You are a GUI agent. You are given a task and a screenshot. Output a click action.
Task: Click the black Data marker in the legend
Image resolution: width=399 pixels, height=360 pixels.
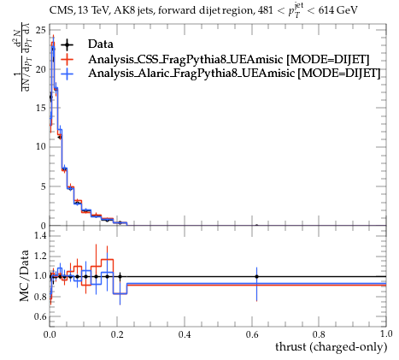(x=67, y=44)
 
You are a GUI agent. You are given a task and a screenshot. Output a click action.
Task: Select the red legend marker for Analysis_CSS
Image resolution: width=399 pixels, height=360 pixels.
(x=67, y=59)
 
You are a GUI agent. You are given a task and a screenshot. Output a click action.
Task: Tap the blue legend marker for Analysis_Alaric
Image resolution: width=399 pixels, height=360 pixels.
(x=67, y=74)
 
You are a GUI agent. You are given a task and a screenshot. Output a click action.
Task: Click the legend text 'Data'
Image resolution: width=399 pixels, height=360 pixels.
(x=101, y=44)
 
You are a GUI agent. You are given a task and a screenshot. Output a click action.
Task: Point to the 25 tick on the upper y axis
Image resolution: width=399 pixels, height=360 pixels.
(x=40, y=30)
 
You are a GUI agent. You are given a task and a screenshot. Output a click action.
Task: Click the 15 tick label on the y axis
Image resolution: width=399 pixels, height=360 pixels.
(x=40, y=108)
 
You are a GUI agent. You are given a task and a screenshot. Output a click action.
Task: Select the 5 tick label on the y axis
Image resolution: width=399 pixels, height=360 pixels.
(x=43, y=186)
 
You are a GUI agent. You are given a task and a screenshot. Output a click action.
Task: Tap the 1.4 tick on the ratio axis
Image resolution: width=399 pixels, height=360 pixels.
(x=40, y=235)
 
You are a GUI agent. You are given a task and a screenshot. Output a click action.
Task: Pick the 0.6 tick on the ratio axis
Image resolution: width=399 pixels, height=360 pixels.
(x=40, y=316)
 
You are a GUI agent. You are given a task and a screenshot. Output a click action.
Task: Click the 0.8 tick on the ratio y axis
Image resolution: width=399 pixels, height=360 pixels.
(x=40, y=297)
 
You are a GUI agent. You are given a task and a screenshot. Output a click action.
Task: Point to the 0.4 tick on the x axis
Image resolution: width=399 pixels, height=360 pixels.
(x=185, y=334)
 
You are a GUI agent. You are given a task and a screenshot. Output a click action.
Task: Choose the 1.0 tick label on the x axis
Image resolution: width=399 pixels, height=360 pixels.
(x=386, y=334)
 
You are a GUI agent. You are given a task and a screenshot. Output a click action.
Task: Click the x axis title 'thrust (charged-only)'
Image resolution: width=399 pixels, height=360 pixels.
(x=332, y=347)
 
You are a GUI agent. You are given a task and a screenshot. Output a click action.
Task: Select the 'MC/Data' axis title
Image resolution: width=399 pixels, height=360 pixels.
(x=25, y=275)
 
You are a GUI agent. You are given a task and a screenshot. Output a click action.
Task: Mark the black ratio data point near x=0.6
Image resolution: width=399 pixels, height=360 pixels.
(x=256, y=276)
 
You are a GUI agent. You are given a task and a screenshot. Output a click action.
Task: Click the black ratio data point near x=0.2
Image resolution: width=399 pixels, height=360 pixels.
(x=120, y=276)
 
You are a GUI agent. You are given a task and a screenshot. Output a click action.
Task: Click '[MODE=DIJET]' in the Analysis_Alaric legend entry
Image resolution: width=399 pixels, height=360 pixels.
(x=339, y=74)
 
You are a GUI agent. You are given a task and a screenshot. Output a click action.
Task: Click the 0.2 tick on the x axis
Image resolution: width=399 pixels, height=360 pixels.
(x=117, y=334)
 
